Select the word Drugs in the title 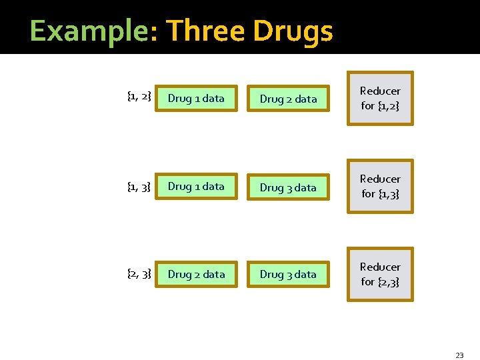pyautogui.click(x=293, y=31)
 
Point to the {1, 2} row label pyautogui.click(x=139, y=97)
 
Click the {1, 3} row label pyautogui.click(x=139, y=185)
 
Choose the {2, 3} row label pyautogui.click(x=139, y=273)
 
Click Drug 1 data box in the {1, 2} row pyautogui.click(x=196, y=99)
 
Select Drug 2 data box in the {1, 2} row pyautogui.click(x=288, y=99)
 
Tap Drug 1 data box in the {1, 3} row pyautogui.click(x=196, y=187)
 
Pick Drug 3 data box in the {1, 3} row pyautogui.click(x=288, y=188)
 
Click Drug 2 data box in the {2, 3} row pyautogui.click(x=196, y=275)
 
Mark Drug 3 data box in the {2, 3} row pyautogui.click(x=288, y=275)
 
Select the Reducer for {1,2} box pyautogui.click(x=380, y=98)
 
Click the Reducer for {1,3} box pyautogui.click(x=380, y=186)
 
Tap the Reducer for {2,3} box pyautogui.click(x=380, y=274)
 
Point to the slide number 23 pyautogui.click(x=459, y=355)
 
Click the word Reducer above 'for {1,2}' pyautogui.click(x=380, y=91)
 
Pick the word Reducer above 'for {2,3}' pyautogui.click(x=380, y=267)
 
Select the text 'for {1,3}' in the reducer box pyautogui.click(x=380, y=193)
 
